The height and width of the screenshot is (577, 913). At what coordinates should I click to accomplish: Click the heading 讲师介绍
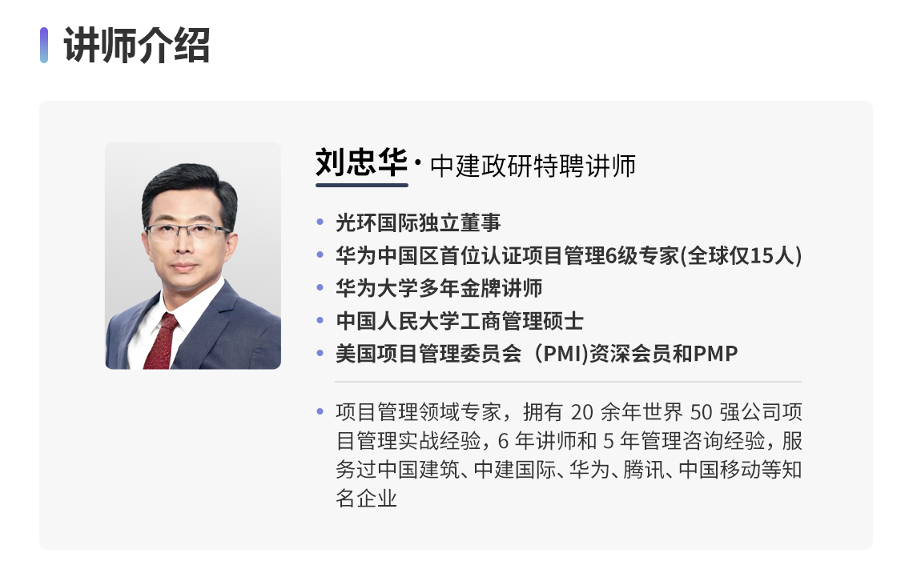tap(137, 46)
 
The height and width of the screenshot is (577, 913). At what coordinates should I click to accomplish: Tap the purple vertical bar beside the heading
tap(44, 45)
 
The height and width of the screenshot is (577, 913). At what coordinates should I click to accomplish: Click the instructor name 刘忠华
tap(361, 162)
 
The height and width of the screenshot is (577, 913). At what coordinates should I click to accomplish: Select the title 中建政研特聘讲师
tap(533, 166)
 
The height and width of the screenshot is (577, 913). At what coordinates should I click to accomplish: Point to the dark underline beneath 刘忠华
tap(361, 185)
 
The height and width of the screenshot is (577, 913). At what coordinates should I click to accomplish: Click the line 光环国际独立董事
tap(418, 222)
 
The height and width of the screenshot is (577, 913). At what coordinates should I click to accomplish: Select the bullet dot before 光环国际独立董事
tap(320, 222)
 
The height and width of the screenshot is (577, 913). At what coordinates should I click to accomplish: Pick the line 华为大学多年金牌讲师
tap(439, 288)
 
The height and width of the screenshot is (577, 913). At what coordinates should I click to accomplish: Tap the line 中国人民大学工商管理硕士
tap(460, 320)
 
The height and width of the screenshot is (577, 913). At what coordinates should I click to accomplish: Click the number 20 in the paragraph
tap(581, 412)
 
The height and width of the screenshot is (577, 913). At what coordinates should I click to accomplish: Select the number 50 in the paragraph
tap(701, 412)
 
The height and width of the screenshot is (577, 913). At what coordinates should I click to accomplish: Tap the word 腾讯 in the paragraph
tap(643, 470)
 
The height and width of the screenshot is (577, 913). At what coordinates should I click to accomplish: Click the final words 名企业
tap(366, 498)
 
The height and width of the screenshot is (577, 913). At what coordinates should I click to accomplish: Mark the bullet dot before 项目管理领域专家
tap(320, 411)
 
